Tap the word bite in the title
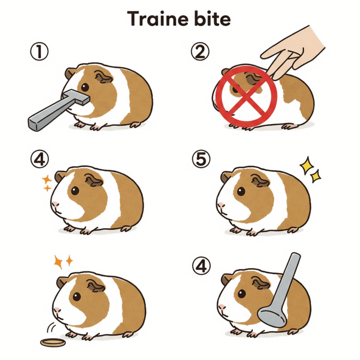click(212, 19)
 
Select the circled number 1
click(39, 52)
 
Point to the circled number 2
click(200, 52)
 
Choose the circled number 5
click(201, 159)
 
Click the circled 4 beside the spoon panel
click(201, 266)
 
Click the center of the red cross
click(246, 97)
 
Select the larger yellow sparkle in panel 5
click(307, 165)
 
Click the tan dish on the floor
click(53, 343)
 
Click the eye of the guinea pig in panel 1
click(85, 87)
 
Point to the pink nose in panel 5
click(221, 204)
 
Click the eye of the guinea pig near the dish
click(77, 297)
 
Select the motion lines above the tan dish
click(52, 328)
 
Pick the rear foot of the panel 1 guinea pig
click(135, 125)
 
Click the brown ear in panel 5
click(260, 180)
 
